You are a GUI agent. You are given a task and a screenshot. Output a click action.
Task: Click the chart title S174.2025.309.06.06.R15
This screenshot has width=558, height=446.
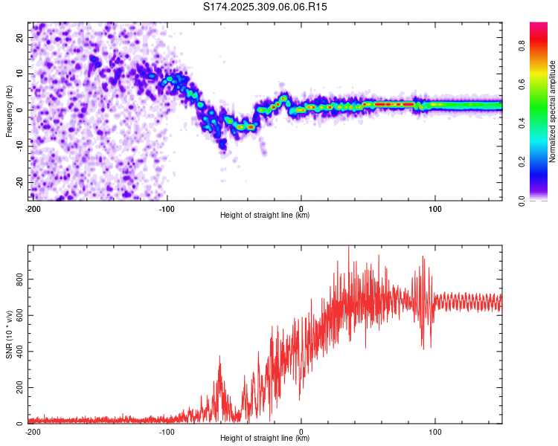[x=266, y=7]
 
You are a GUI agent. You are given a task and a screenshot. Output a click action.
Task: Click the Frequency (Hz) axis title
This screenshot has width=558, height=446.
[x=10, y=110]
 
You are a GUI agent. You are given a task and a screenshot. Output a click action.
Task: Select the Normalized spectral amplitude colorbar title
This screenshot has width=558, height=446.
[x=553, y=111]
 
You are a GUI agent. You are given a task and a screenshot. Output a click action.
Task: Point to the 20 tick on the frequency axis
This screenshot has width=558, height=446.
[x=20, y=37]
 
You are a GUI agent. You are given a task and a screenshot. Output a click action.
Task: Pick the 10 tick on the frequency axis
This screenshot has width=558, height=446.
[x=20, y=74]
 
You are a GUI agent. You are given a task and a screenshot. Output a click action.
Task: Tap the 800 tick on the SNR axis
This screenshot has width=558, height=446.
[x=16, y=279]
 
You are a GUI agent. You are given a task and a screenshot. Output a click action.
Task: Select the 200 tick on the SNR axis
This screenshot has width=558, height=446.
[x=16, y=388]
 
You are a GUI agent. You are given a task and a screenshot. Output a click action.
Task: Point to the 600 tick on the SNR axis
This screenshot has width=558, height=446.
[x=16, y=315]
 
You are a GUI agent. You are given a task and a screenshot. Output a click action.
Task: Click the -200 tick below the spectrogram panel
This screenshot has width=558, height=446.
[x=32, y=209]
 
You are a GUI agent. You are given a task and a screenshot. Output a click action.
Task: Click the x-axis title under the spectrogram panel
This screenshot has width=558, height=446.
[x=265, y=216]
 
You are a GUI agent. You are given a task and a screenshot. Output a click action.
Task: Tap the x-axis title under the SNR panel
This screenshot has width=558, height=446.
[x=265, y=439]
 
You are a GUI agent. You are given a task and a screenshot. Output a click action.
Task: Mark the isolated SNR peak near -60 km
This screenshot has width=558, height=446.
[x=219, y=358]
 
